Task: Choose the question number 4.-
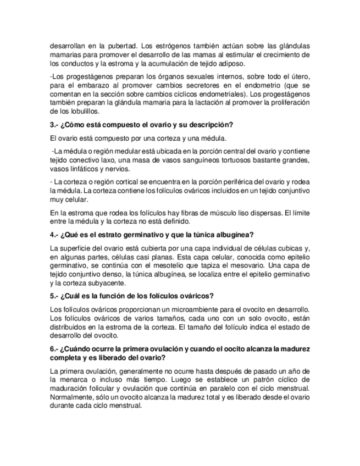[x=56, y=235]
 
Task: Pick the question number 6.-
[x=56, y=349]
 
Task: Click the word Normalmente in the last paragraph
[x=71, y=397]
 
